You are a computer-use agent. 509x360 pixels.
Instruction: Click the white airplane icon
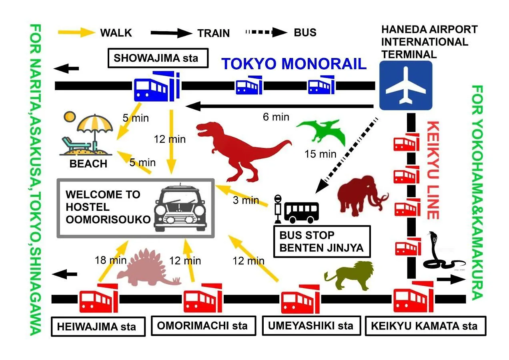(405, 85)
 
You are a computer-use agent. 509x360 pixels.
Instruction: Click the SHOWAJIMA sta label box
(158, 58)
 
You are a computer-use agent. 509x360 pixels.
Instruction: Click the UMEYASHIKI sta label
(311, 326)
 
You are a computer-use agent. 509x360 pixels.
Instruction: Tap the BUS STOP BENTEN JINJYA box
(322, 241)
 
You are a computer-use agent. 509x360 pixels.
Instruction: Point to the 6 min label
(276, 117)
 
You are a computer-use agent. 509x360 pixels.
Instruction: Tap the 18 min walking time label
(110, 260)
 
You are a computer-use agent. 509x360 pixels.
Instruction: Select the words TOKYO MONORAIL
(294, 64)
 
